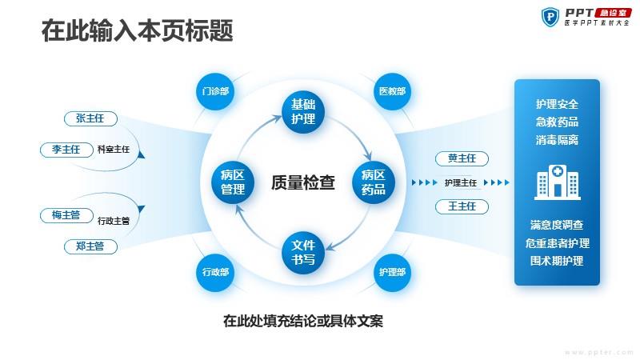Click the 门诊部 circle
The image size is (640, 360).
[215, 91]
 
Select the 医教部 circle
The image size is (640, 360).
[392, 91]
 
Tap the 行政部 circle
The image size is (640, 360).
[215, 272]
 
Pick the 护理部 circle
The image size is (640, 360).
[392, 272]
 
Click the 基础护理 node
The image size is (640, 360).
[303, 112]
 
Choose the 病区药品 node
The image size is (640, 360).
[374, 182]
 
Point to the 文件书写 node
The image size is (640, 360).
[303, 253]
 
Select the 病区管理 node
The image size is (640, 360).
[233, 182]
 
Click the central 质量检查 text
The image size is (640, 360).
[303, 182]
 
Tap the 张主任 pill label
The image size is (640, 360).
[90, 118]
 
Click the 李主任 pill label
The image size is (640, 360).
[66, 150]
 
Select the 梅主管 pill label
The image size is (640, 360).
[66, 215]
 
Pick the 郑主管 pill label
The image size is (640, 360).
[90, 246]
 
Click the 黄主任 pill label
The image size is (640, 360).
[462, 158]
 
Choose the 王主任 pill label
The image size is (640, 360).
[462, 206]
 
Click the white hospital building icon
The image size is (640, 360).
[558, 182]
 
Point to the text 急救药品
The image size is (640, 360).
[557, 122]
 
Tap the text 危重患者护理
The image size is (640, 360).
[557, 243]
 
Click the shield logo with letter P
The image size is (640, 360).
[550, 17]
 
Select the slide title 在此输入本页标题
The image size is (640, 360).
[137, 30]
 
